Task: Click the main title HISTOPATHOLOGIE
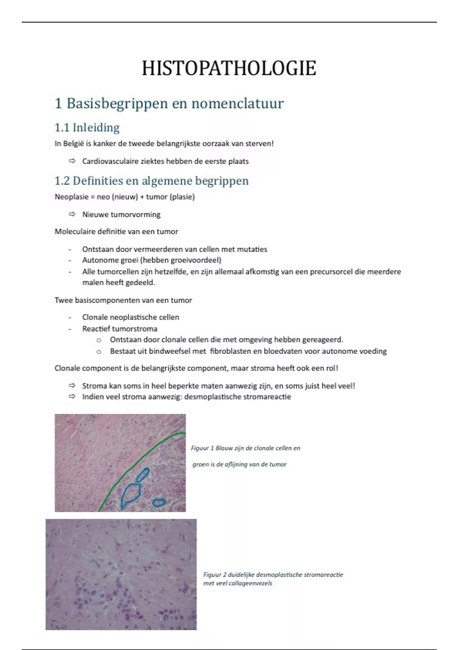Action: tap(229, 69)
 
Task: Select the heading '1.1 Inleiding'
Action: tap(87, 127)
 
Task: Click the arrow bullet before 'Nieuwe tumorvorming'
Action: tap(72, 214)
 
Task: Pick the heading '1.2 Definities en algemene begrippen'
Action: tap(151, 180)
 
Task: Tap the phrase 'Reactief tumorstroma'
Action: tap(120, 329)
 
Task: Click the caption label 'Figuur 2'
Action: tap(215, 575)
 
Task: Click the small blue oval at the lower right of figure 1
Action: tap(158, 502)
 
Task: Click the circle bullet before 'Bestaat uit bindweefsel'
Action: tap(99, 351)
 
